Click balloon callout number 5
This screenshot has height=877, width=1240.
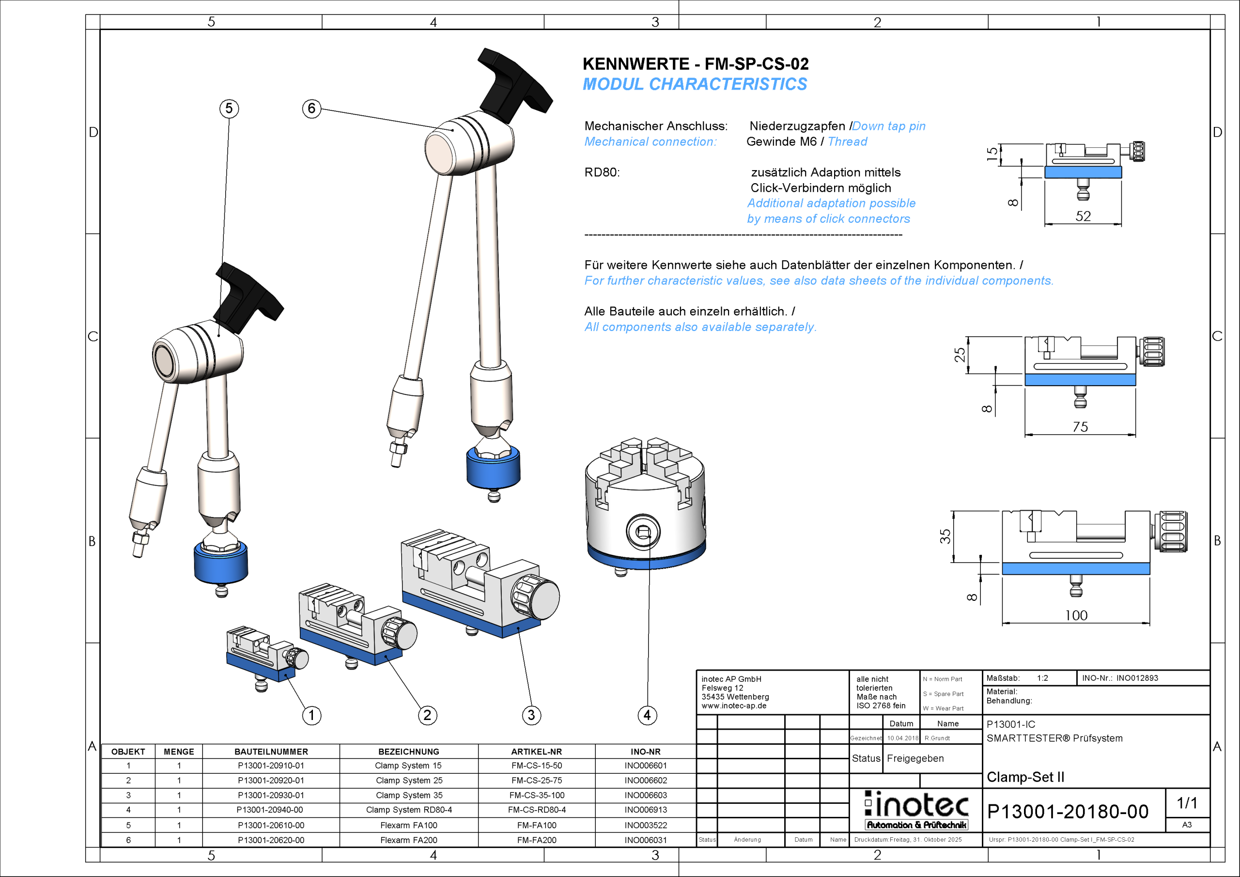tap(229, 109)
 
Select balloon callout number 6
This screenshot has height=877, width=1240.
tap(311, 109)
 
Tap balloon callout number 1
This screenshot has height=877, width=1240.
tap(311, 716)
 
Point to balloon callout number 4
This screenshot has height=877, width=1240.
tap(647, 716)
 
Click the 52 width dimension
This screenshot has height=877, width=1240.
tap(1083, 216)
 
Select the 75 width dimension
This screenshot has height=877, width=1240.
tap(1080, 427)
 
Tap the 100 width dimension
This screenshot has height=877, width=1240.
tap(1076, 615)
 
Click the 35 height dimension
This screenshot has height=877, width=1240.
tap(945, 536)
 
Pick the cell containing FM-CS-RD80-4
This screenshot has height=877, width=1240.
tap(536, 810)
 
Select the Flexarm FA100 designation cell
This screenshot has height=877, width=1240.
tap(408, 825)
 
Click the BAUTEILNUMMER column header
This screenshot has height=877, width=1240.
tap(271, 752)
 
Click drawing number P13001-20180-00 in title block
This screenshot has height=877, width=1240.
tap(1067, 812)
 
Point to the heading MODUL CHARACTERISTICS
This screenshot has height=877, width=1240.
tap(695, 84)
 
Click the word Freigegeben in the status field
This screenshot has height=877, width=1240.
tap(915, 758)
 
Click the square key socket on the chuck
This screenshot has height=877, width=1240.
tap(643, 532)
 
